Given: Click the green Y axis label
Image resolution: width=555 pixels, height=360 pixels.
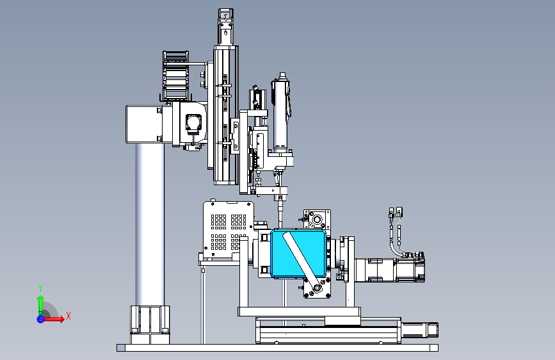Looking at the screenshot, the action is click(40, 288).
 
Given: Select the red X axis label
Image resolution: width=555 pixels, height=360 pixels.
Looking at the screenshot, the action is click(68, 316).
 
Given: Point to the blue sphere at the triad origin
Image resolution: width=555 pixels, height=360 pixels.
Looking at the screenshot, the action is click(40, 319).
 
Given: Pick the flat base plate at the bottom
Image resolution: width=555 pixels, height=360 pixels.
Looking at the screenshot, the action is click(278, 348).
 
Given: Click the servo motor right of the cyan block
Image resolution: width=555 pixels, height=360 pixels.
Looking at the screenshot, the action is click(390, 270).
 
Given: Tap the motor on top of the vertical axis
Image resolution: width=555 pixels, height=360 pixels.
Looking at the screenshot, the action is click(225, 26).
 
